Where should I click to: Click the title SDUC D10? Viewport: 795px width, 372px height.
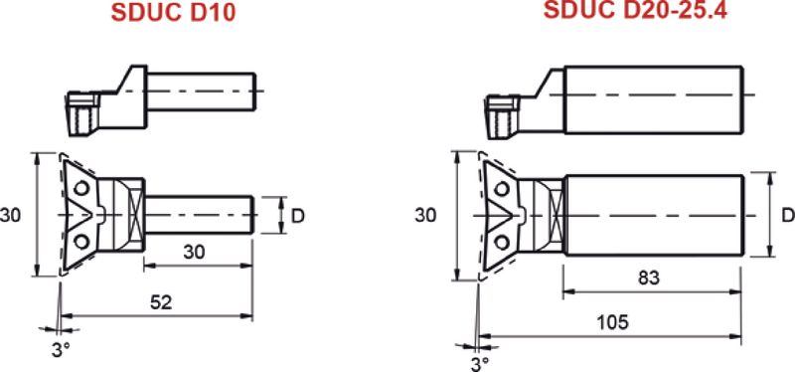tap(173, 13)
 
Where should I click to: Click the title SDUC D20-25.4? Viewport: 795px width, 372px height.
tap(635, 10)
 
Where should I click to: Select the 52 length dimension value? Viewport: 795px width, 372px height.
tap(161, 302)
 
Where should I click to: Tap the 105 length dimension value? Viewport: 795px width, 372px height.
tap(612, 321)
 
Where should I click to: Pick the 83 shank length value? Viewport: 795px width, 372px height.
tap(649, 278)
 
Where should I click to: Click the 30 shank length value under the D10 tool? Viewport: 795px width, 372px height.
tap(194, 252)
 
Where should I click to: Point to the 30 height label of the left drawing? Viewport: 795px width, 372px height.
tap(11, 215)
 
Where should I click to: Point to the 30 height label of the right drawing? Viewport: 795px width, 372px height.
tap(425, 215)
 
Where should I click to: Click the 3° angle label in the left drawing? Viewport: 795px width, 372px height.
tap(61, 350)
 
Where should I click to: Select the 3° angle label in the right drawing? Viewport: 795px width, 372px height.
tap(480, 364)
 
